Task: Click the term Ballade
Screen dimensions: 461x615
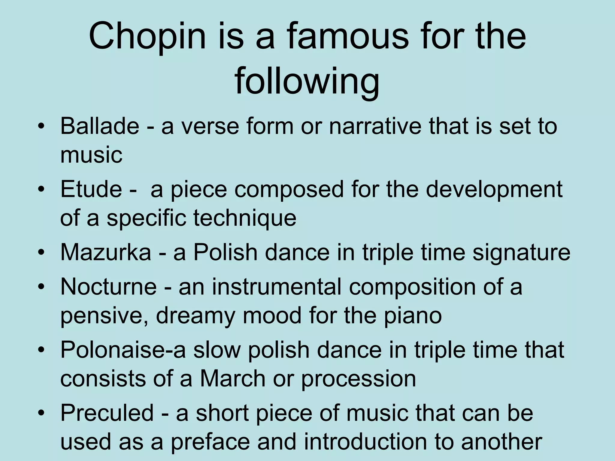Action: (100, 126)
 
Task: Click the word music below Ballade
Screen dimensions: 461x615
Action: (91, 155)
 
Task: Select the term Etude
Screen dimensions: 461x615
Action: (91, 189)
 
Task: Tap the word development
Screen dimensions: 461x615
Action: (494, 189)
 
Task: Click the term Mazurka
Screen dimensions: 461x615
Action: (106, 252)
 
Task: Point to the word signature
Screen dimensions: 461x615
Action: (521, 252)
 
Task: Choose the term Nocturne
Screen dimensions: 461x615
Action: (108, 287)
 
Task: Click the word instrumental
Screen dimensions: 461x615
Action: (277, 287)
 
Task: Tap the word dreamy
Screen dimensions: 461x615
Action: (195, 316)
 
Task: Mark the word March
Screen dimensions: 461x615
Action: (233, 379)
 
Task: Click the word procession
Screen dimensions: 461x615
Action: (359, 379)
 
